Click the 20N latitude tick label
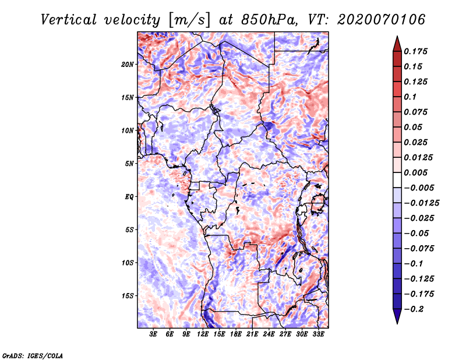128,65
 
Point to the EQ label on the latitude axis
129,197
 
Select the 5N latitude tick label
129,164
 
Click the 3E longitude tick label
153,334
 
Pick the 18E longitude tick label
236,334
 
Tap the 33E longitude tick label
318,334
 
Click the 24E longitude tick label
269,334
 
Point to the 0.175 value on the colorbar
415,51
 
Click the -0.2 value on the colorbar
414,309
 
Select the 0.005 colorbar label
415,172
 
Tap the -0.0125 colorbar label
421,203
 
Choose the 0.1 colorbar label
410,97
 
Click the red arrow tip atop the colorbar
397,37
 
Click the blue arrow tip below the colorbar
397,323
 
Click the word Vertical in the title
69,20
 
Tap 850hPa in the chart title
269,20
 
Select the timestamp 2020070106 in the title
382,20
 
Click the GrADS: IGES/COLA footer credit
33,356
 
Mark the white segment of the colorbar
397,180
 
